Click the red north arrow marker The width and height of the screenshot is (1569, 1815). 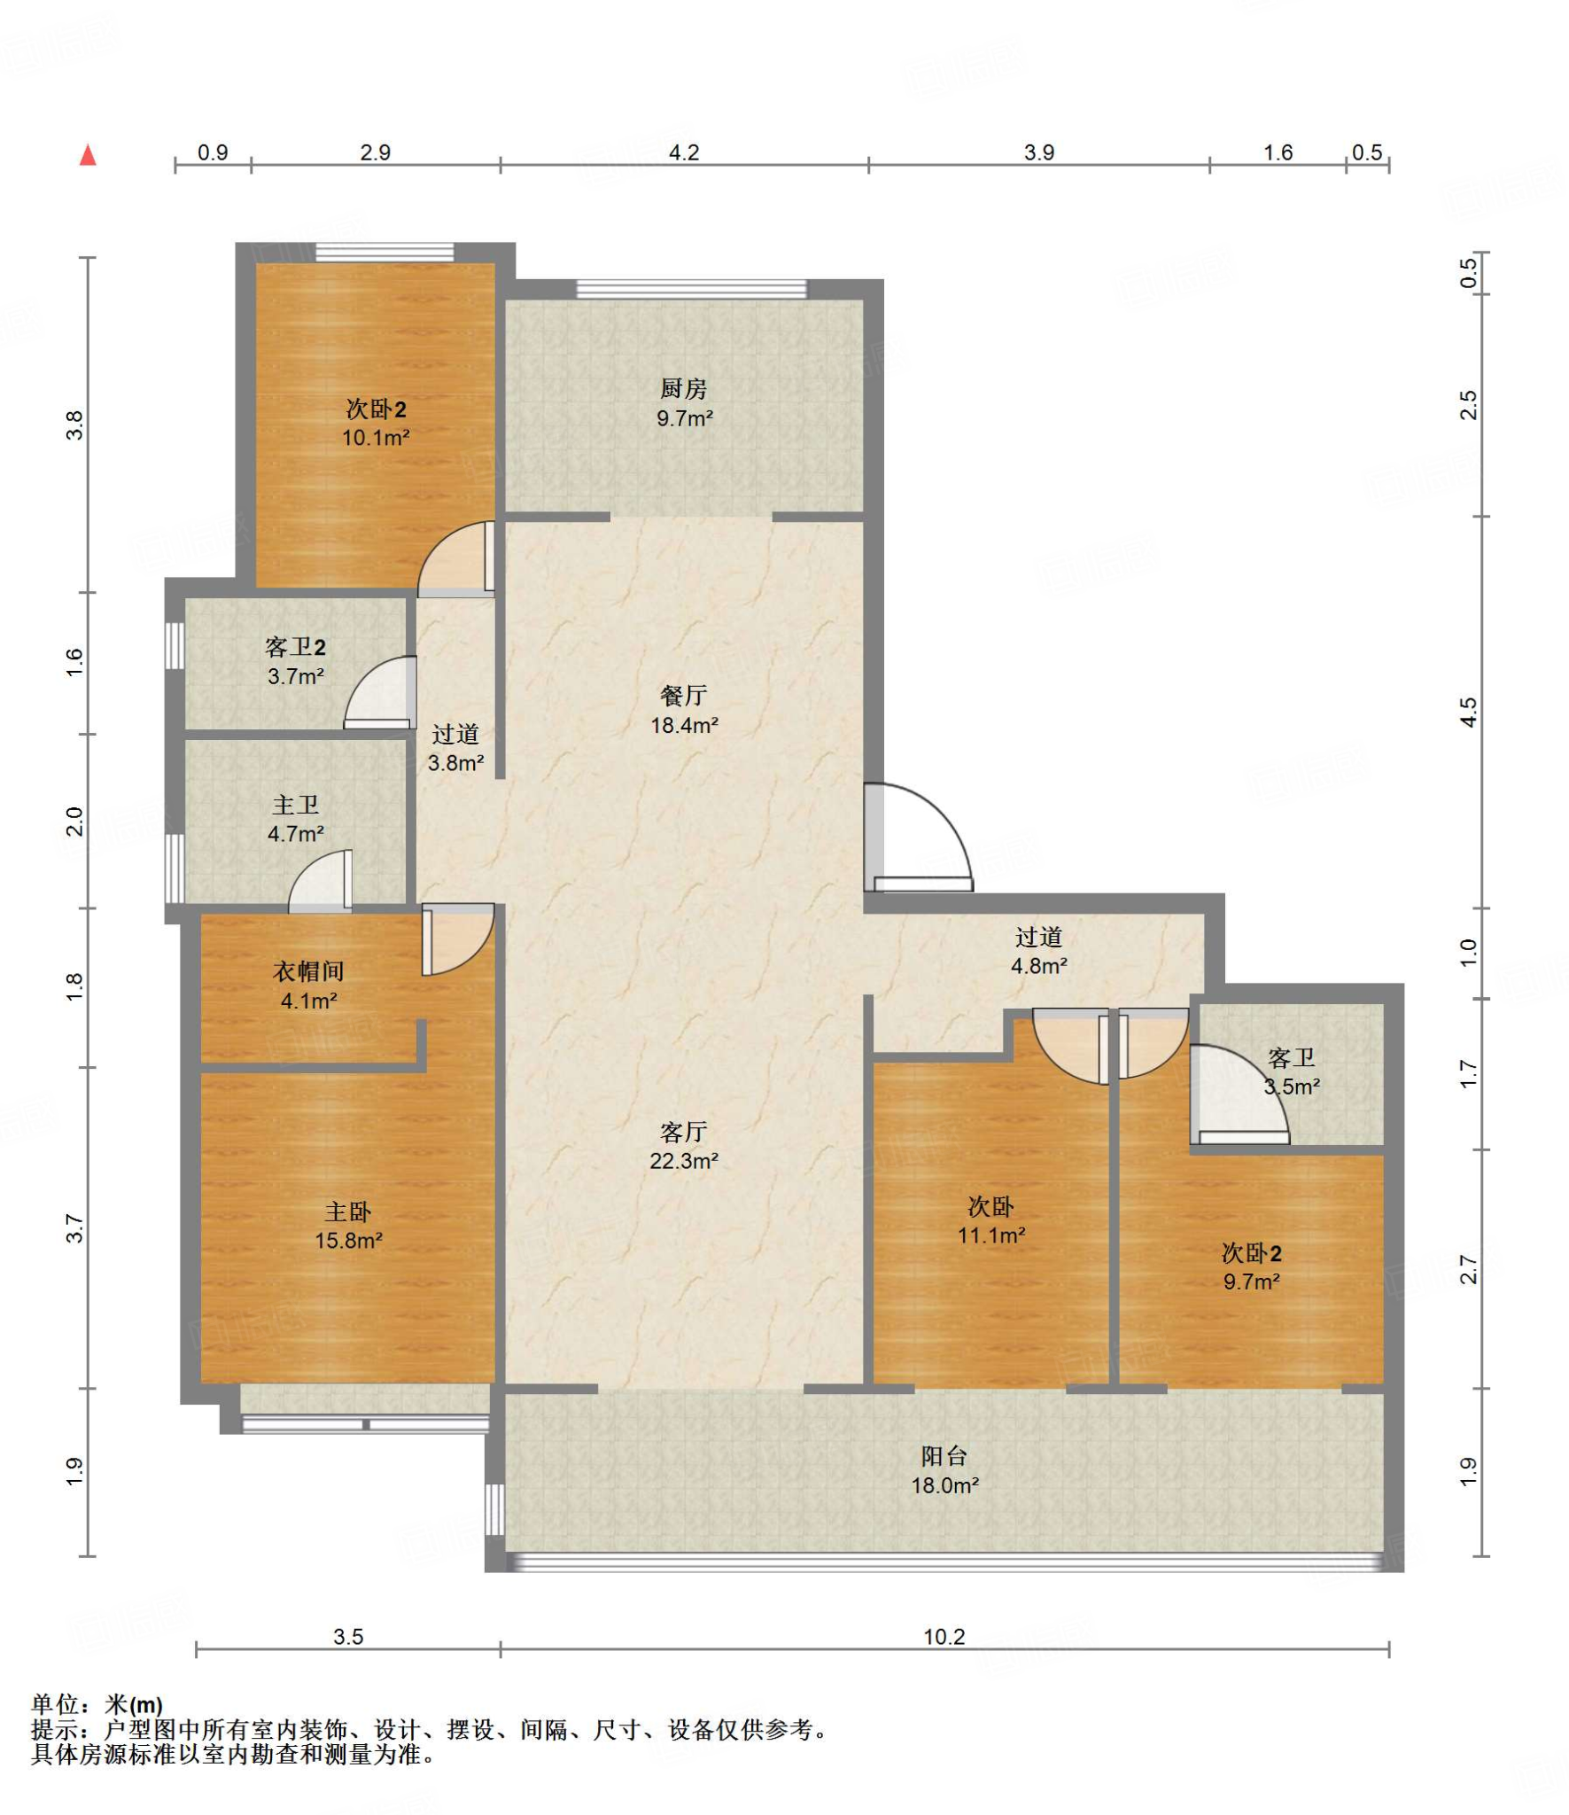coord(88,155)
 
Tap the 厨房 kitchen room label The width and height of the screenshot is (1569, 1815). coord(683,388)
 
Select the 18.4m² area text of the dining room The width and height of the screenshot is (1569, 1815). coord(684,725)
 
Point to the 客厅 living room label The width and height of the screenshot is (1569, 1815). coord(683,1132)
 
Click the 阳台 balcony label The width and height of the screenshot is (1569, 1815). coord(944,1455)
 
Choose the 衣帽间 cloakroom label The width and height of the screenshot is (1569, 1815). coord(308,971)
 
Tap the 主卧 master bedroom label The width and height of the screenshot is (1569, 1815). coord(348,1211)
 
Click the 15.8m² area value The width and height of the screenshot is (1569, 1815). coord(348,1241)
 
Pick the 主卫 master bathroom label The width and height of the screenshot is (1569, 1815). coord(295,805)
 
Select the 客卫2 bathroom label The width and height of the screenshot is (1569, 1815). coord(295,647)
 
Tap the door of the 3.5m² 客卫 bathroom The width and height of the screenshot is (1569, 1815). coord(1239,1095)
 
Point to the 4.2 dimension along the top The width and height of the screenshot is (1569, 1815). coord(683,152)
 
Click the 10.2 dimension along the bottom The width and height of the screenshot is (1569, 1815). coord(944,1636)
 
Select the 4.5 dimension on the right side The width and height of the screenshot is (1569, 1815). coord(1468,713)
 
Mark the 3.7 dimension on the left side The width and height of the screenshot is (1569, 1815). coord(74,1227)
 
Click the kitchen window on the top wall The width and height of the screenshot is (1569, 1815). coord(691,289)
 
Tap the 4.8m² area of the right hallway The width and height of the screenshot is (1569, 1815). coord(1039,966)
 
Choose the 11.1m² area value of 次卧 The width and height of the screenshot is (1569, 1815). coord(991,1235)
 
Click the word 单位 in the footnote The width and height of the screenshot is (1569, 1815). coord(55,1704)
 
